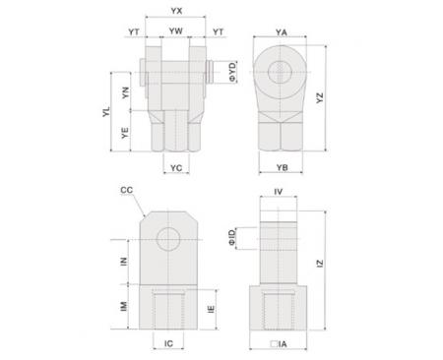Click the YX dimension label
pos(176,11)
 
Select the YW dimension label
pos(176,31)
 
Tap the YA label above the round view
pos(282,32)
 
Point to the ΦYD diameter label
pos(232,72)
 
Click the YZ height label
pos(320,98)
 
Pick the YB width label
pos(282,167)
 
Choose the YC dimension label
pos(176,168)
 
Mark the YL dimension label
pos(106,111)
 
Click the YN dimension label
pos(125,92)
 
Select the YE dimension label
pos(125,133)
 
